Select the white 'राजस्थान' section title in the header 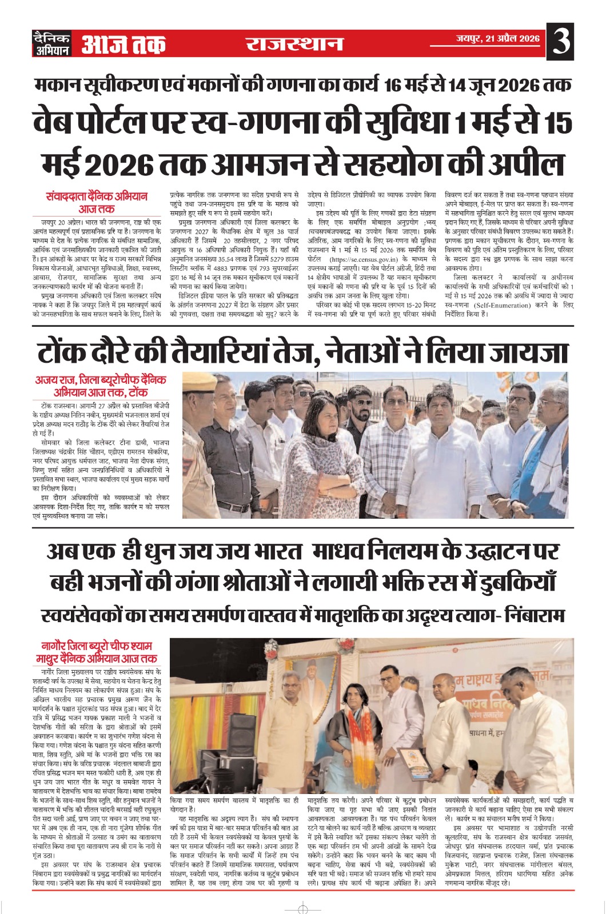294,44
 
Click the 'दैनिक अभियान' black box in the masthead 52,44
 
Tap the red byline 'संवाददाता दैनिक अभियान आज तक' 97,202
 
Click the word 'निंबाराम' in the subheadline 532,615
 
